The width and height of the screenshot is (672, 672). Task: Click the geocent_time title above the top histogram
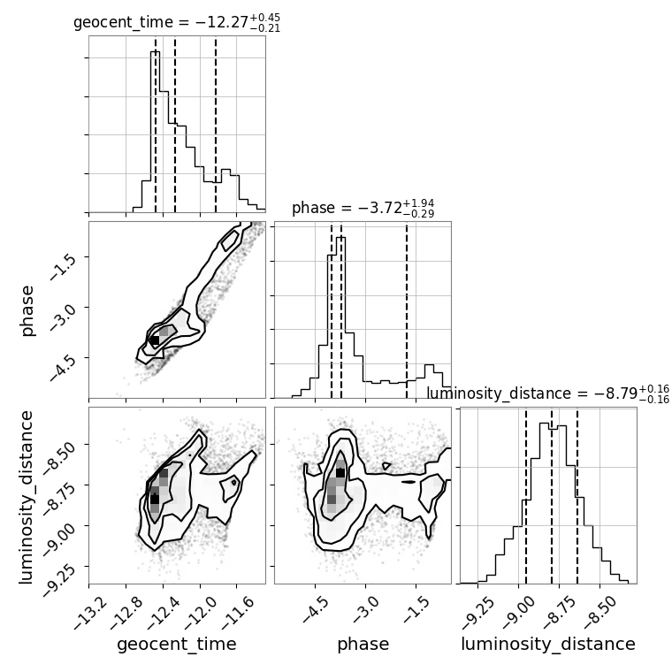[x=177, y=22]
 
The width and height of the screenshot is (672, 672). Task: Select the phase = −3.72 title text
[x=363, y=209]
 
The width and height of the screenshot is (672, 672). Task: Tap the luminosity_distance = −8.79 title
[x=548, y=393]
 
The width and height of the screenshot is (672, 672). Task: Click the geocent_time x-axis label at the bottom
[x=177, y=644]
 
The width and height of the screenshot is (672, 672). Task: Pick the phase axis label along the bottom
[x=363, y=645]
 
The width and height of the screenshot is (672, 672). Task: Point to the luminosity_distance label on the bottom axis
[x=548, y=644]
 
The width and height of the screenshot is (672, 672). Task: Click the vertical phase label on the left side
[x=27, y=310]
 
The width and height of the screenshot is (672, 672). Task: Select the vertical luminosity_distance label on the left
[x=26, y=497]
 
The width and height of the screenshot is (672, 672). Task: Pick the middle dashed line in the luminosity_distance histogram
[x=552, y=495]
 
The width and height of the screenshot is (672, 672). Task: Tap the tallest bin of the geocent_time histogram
[x=155, y=132]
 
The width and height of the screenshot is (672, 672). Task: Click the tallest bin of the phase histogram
[x=341, y=317]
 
